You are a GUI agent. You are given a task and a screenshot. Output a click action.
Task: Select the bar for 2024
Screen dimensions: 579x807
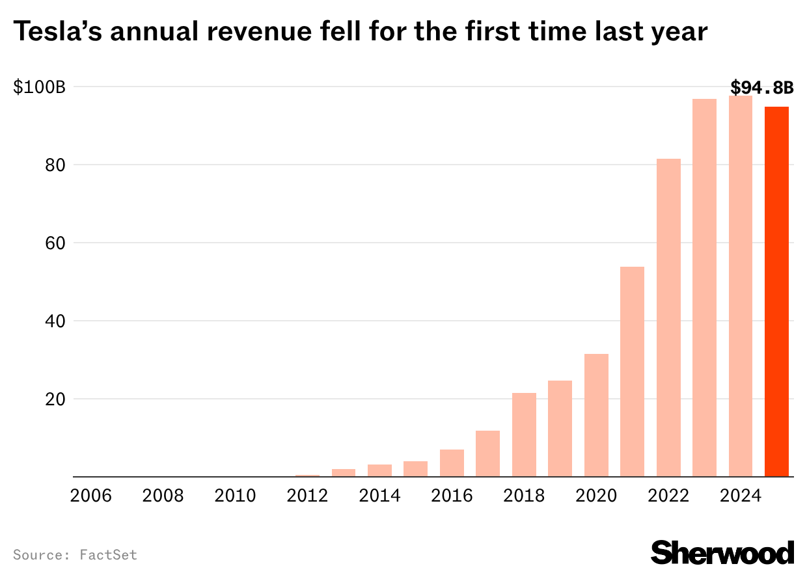point(741,286)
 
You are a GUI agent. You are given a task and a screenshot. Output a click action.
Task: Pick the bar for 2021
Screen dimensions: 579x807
point(632,371)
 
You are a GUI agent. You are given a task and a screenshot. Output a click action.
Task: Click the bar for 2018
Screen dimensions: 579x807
point(524,435)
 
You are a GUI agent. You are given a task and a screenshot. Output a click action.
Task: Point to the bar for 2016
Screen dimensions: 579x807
point(452,463)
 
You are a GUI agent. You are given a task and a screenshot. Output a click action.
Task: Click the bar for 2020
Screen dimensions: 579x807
point(596,415)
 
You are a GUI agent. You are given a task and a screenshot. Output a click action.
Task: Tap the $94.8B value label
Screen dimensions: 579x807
point(762,87)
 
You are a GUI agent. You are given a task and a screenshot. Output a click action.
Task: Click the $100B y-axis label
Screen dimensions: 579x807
point(39,87)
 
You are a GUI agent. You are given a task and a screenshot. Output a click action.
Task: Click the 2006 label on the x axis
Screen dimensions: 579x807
point(91,496)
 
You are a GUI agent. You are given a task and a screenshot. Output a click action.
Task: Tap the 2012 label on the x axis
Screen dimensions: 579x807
point(307,496)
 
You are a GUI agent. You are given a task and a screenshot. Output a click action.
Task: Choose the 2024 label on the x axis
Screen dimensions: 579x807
point(740,496)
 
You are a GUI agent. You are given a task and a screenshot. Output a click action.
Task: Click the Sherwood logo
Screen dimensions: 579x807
point(722,553)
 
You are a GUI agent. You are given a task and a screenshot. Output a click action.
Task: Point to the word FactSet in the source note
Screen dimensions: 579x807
point(109,555)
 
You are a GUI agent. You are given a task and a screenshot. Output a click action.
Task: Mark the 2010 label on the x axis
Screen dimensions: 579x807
point(235,496)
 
